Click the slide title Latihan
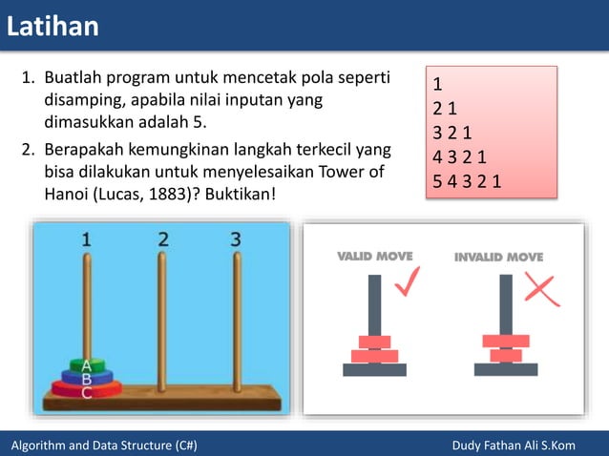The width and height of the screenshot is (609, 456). coord(52,26)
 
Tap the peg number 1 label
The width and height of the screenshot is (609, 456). coord(86,240)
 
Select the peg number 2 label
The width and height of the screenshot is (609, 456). coord(163,239)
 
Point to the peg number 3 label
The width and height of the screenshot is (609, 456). coord(236,239)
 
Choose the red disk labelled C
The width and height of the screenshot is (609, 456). coord(87,390)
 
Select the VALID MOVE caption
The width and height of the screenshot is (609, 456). coord(375,257)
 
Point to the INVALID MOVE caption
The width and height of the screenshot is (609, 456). coord(498,257)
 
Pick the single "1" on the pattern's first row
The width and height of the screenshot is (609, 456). coord(437,83)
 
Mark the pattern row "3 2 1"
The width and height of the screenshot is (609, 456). coord(453,132)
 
